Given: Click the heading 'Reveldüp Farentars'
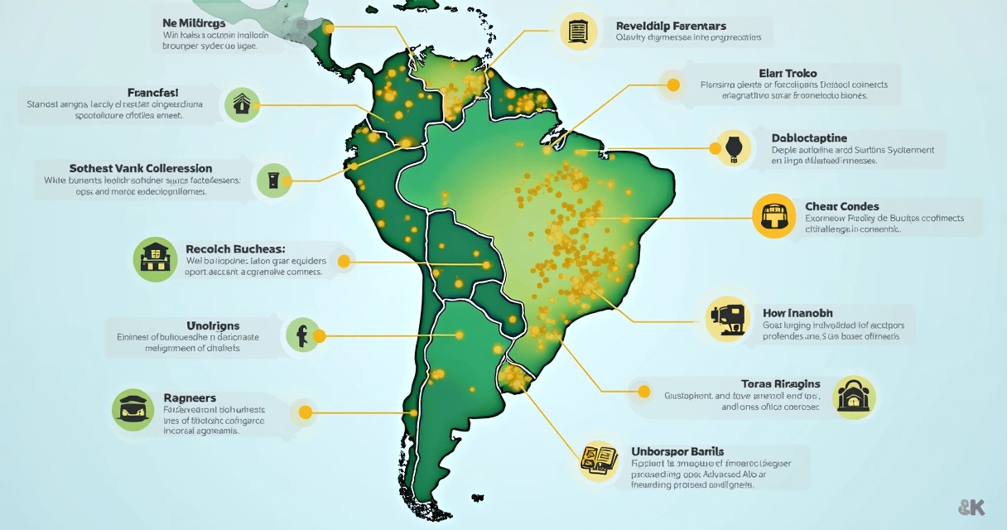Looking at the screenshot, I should [672, 26].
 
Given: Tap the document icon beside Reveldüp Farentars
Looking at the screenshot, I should [578, 32].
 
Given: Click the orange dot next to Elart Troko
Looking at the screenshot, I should [672, 84].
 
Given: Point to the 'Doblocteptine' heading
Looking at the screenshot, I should [809, 137].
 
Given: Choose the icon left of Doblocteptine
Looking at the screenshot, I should [732, 148].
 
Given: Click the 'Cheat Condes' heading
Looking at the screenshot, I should [841, 206].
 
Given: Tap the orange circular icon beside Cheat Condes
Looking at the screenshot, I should [773, 216].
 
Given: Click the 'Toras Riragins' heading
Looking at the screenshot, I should [780, 383].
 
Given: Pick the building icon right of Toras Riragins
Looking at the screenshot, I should [852, 398].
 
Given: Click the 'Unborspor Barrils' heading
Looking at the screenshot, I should [678, 450].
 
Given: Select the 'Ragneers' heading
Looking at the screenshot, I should [190, 397].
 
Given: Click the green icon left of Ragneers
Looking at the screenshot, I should [132, 409].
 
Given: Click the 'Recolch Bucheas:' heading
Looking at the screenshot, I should [235, 248].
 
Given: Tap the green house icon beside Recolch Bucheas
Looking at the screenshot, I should [155, 258].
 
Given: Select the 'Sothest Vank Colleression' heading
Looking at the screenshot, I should [141, 168].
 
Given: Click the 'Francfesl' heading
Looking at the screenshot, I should [153, 93].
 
